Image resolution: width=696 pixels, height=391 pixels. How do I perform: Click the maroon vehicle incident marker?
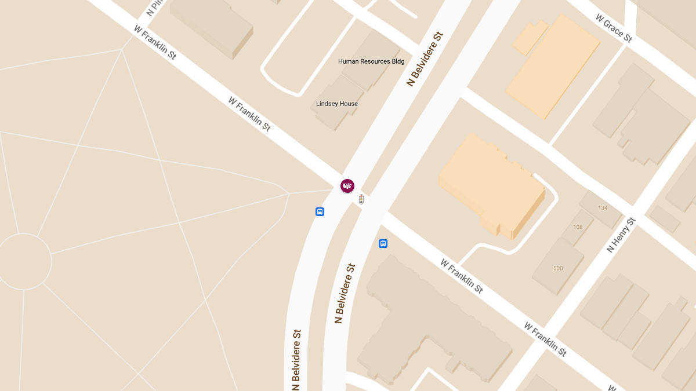pyautogui.click(x=347, y=185)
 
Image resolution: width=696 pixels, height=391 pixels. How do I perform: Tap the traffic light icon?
pyautogui.click(x=361, y=199)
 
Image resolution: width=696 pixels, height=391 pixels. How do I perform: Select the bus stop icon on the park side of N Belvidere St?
pyautogui.click(x=320, y=212)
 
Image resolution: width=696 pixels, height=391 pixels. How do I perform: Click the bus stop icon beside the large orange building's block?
pyautogui.click(x=383, y=243)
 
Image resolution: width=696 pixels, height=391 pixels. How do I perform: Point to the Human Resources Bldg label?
pyautogui.click(x=371, y=61)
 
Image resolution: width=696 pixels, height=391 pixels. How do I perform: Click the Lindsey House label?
pyautogui.click(x=337, y=104)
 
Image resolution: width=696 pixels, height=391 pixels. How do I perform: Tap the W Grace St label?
pyautogui.click(x=614, y=28)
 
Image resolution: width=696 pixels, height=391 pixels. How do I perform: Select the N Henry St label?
pyautogui.click(x=621, y=235)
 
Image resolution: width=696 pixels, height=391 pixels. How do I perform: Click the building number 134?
pyautogui.click(x=603, y=208)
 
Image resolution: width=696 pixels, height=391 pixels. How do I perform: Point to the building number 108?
pyautogui.click(x=578, y=227)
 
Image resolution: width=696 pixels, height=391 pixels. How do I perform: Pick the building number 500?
pyautogui.click(x=558, y=268)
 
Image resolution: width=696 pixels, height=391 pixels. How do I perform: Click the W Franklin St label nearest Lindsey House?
pyautogui.click(x=249, y=114)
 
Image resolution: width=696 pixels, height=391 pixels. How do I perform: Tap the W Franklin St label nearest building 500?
pyautogui.click(x=462, y=276)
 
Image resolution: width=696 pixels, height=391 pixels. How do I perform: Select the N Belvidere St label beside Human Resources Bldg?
pyautogui.click(x=425, y=59)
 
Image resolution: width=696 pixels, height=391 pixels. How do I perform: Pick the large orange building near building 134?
pyautogui.click(x=490, y=185)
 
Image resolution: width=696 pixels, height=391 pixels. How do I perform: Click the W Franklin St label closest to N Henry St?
pyautogui.click(x=545, y=339)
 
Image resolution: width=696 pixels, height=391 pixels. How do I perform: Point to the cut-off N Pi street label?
pyautogui.click(x=153, y=8)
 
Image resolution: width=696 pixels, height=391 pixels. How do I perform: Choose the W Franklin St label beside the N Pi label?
pyautogui.click(x=155, y=42)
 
